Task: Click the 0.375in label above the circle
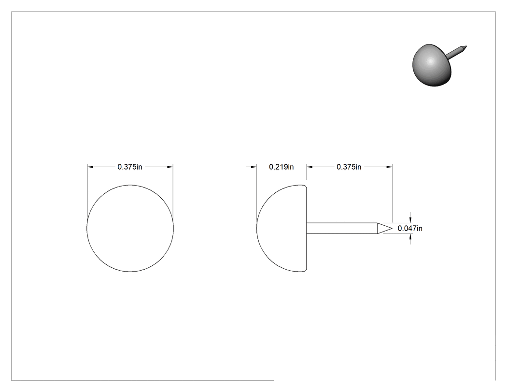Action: pyautogui.click(x=130, y=167)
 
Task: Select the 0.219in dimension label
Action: pyautogui.click(x=282, y=167)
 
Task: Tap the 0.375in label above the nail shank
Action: pyautogui.click(x=349, y=167)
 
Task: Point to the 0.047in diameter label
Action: pyautogui.click(x=410, y=229)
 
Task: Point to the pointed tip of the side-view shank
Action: pyautogui.click(x=392, y=228)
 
